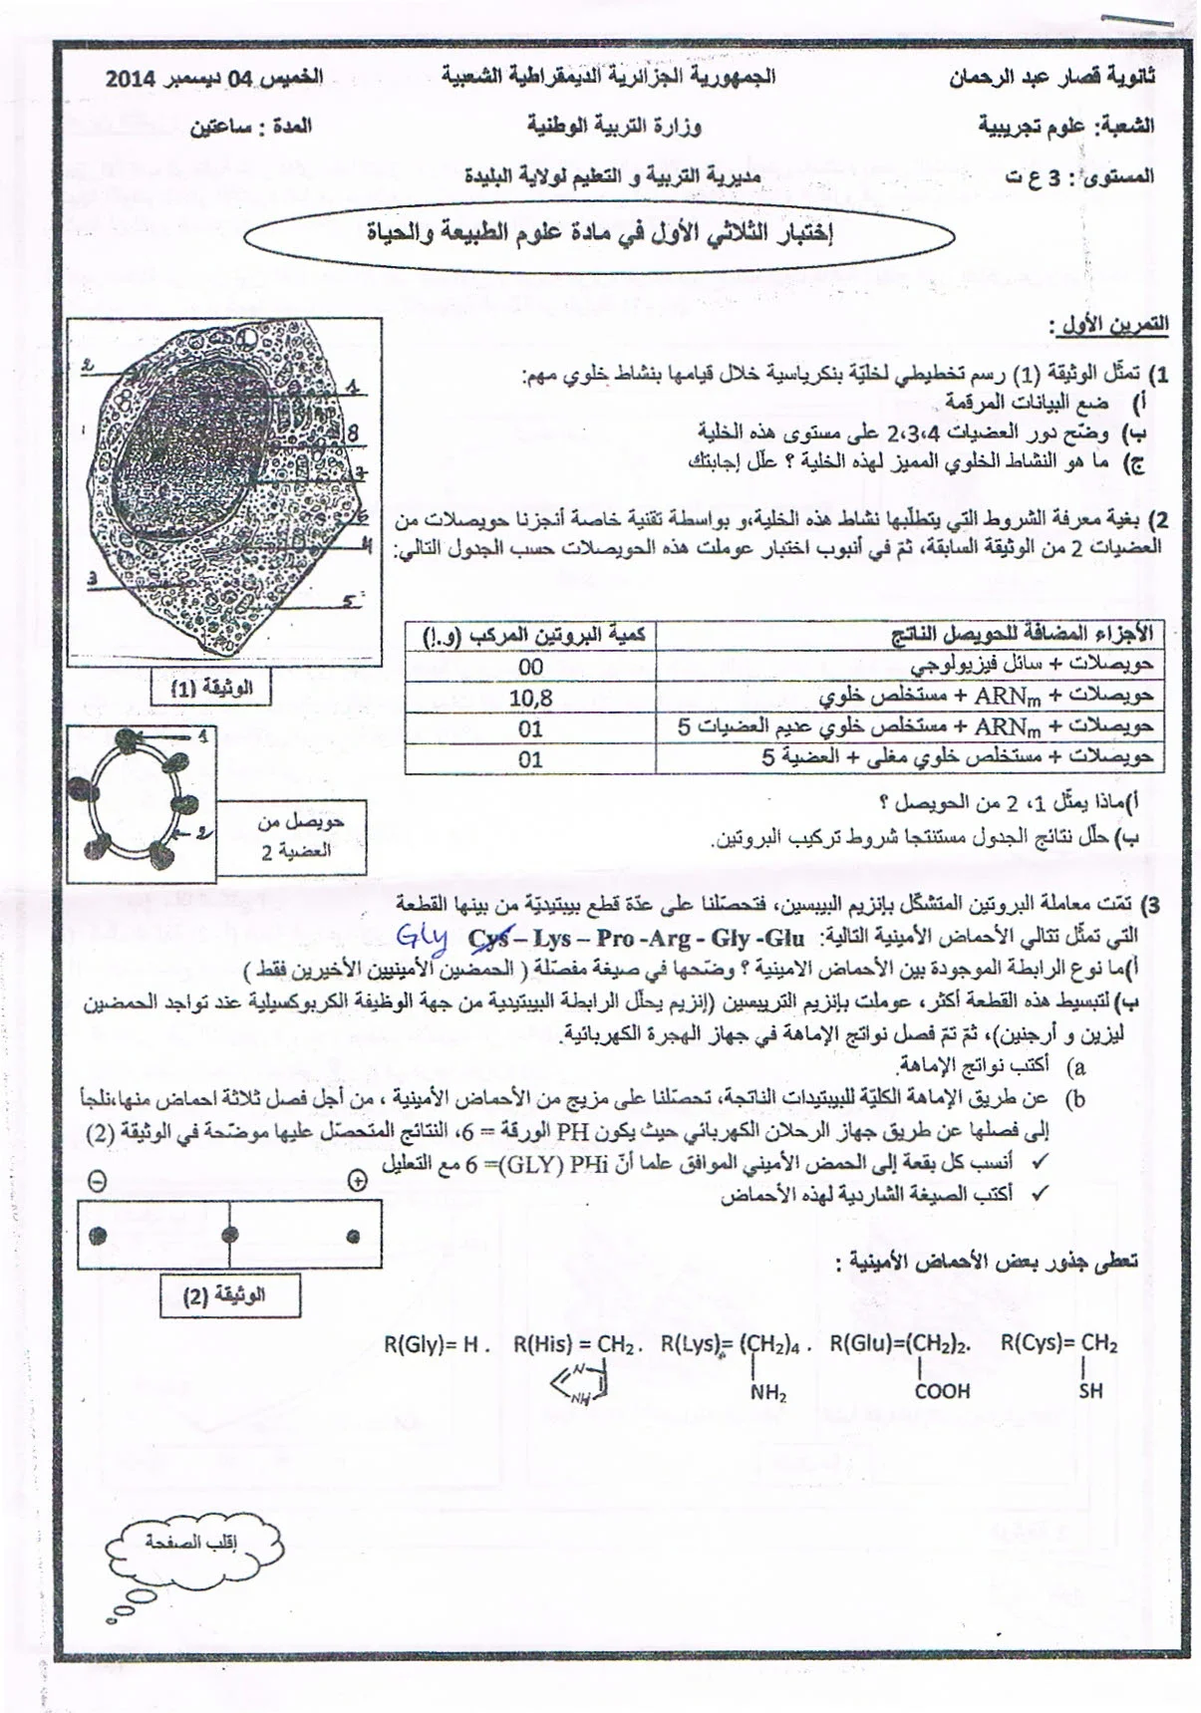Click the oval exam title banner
point(598,235)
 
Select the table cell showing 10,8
point(530,698)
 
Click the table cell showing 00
point(530,667)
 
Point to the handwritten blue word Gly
point(422,937)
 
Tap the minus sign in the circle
point(97,1181)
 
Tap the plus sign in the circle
point(357,1181)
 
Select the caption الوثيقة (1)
point(211,688)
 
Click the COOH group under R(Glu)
point(942,1391)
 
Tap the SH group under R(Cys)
point(1090,1391)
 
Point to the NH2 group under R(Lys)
point(768,1393)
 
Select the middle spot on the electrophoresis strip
point(230,1234)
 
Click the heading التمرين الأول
point(1108,326)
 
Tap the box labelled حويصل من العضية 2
point(292,836)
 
